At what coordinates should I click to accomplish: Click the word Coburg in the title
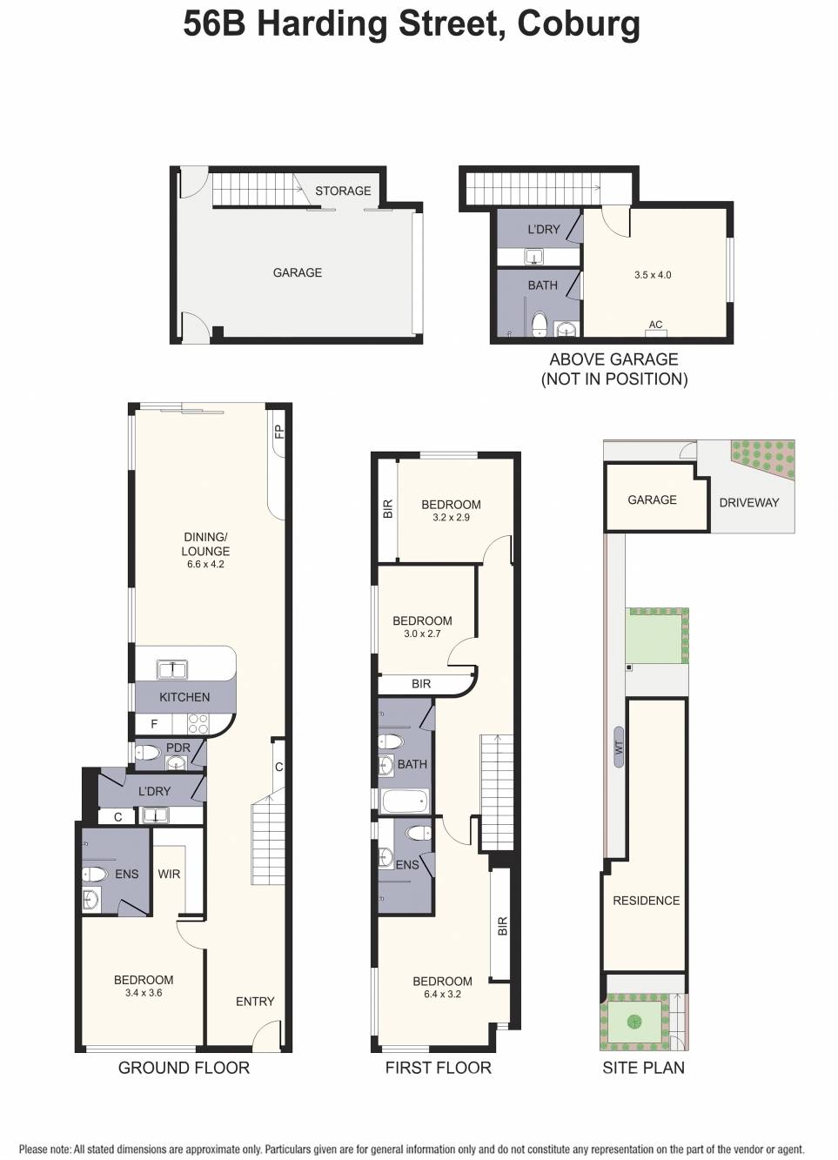578,24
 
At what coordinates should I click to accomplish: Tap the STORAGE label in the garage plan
343,191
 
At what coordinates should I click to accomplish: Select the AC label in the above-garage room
655,325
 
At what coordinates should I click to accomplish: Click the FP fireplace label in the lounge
278,432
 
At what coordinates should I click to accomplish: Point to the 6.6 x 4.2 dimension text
205,564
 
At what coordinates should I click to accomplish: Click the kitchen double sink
171,669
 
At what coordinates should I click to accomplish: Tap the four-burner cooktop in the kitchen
198,724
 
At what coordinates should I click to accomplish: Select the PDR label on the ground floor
178,748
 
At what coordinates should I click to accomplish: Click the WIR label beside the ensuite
169,874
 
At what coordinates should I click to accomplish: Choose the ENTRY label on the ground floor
255,1002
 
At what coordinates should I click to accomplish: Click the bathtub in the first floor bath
406,800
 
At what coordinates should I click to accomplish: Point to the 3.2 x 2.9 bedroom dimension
451,517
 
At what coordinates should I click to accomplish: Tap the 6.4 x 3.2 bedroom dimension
442,994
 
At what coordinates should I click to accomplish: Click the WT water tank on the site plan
619,747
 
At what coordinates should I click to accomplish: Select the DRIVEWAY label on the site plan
748,502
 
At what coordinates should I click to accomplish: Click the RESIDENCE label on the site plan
646,901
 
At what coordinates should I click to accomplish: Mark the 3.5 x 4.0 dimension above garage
653,275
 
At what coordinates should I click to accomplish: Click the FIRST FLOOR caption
438,1068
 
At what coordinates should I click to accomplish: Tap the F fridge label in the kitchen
155,724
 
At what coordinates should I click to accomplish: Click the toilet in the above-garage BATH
539,324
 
